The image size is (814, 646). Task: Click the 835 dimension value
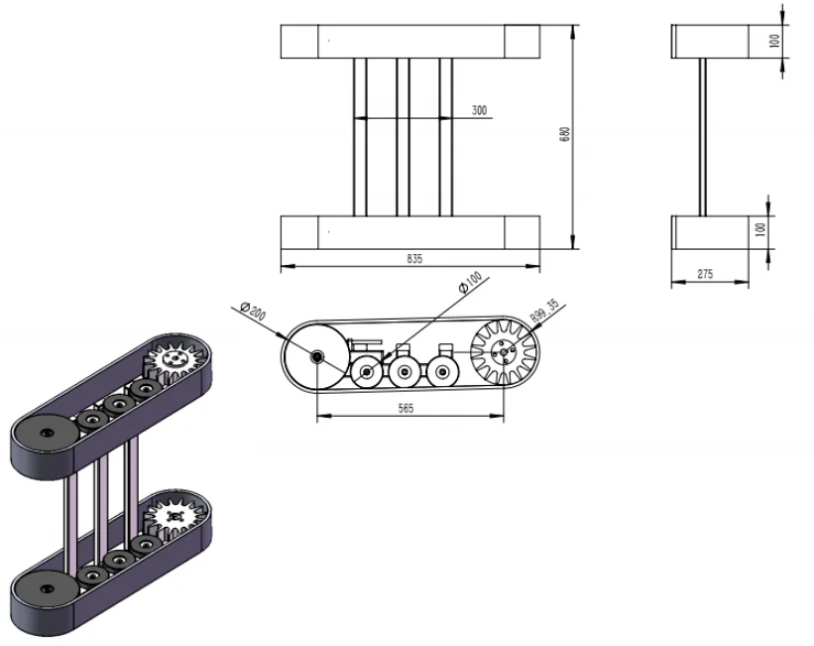point(414,258)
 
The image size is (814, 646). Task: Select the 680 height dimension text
point(565,134)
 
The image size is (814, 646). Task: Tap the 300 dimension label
point(479,110)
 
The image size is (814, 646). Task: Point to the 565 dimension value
point(406,409)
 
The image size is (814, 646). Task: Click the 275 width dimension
point(705,274)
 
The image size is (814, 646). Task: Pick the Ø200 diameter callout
point(254,311)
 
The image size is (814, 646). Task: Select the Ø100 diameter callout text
point(470,282)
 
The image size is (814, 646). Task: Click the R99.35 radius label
point(544,311)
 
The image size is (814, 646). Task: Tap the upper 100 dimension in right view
point(774,41)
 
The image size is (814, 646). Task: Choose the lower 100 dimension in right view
point(760,229)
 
